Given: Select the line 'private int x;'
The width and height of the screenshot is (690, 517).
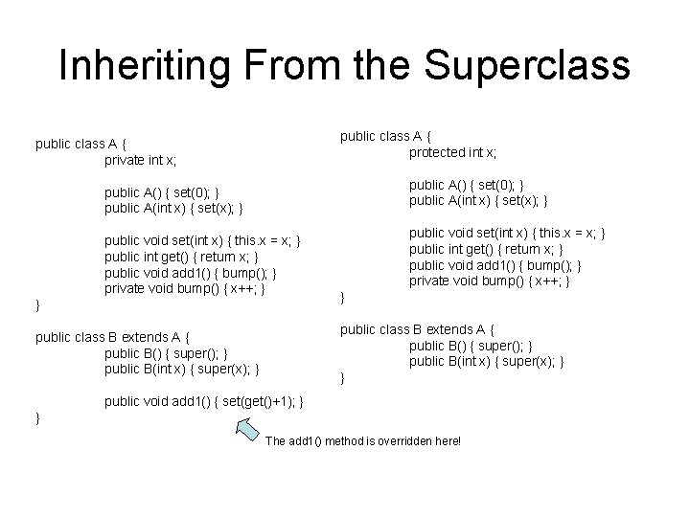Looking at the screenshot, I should (141, 160).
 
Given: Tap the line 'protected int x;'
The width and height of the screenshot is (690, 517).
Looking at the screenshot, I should (452, 152).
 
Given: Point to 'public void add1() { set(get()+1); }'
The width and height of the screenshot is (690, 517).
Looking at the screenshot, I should (203, 401).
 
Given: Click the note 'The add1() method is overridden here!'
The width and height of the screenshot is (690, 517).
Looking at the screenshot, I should (362, 441).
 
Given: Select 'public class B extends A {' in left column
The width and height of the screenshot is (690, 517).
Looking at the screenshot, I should (113, 336).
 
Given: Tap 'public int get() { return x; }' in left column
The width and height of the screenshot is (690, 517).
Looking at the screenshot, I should (181, 256).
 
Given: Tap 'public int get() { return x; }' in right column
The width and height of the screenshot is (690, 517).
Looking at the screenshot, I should (488, 249).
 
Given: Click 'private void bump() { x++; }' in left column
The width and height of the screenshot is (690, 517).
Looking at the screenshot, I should (184, 287).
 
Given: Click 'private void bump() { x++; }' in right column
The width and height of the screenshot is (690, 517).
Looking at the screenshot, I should (491, 281).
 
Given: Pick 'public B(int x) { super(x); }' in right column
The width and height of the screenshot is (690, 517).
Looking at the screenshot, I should (486, 361).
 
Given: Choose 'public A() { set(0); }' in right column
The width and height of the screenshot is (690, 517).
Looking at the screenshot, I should (467, 185).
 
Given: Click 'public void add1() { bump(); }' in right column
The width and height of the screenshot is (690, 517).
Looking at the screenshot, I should (494, 264).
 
